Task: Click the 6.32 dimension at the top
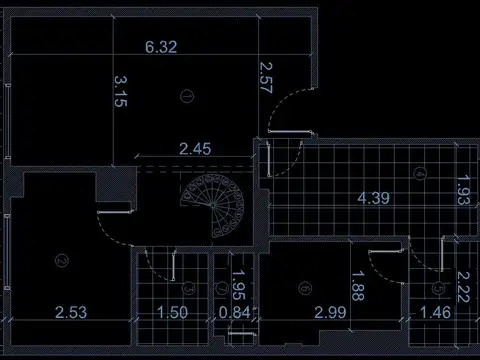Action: click(x=162, y=47)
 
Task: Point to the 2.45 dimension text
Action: click(x=194, y=150)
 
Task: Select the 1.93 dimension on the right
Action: click(x=462, y=189)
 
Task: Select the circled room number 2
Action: click(x=62, y=262)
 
